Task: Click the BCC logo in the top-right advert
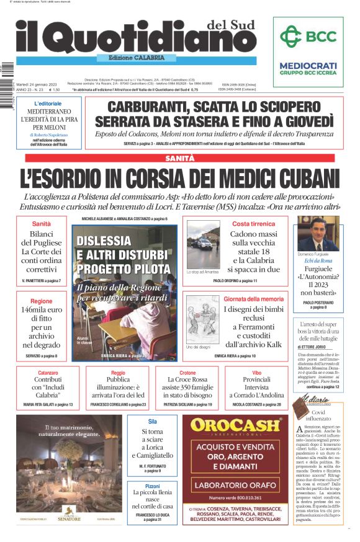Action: point(308,37)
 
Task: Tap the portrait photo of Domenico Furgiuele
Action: point(318,234)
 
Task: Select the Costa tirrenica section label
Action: point(253,223)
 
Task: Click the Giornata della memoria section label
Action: point(253,299)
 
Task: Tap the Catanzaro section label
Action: point(48,373)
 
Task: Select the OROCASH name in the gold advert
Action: point(239,425)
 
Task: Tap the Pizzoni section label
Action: point(152,486)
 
